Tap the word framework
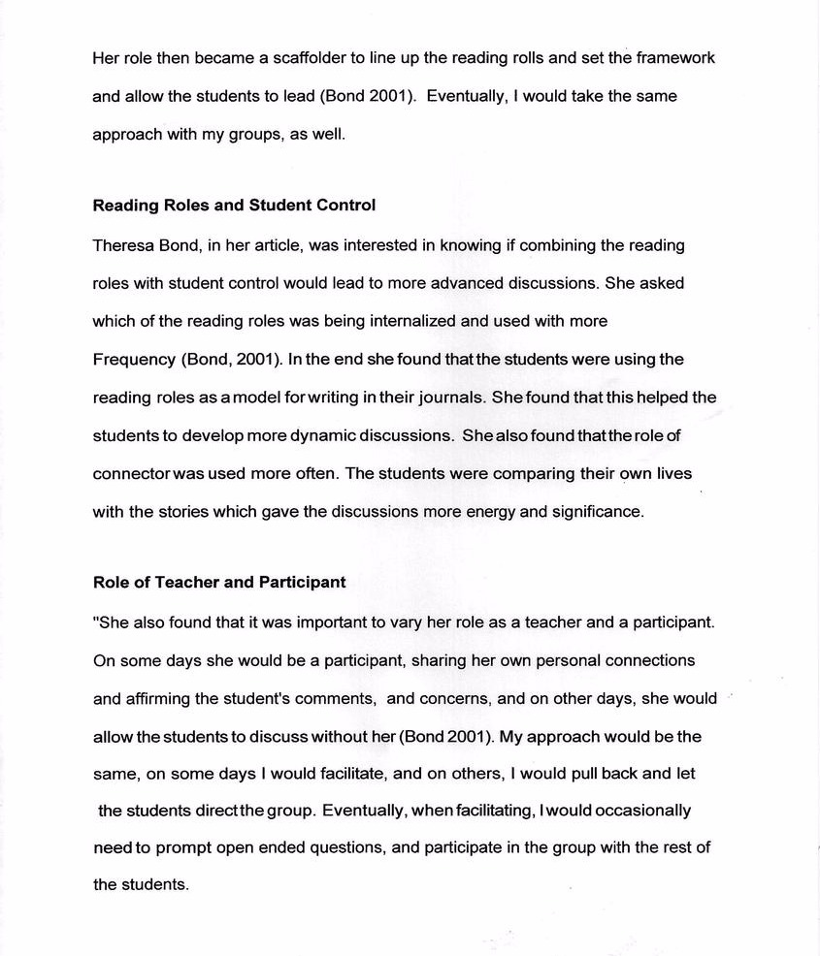click(674, 58)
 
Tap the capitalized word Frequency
click(134, 360)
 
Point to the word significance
click(596, 512)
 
